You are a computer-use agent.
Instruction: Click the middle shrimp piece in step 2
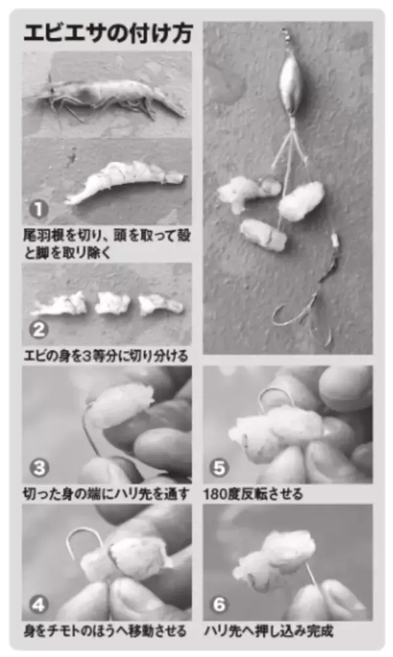113,303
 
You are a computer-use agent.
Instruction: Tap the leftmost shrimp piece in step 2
60,305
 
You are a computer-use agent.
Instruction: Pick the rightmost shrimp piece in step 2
160,304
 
